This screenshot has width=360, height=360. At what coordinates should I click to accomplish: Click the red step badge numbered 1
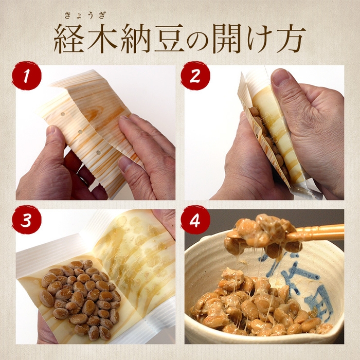[x=27, y=76]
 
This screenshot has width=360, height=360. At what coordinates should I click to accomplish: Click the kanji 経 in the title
[x=71, y=39]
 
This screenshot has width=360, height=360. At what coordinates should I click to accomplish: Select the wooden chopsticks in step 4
[x=319, y=232]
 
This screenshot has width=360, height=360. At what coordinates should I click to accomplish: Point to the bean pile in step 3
[x=80, y=296]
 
